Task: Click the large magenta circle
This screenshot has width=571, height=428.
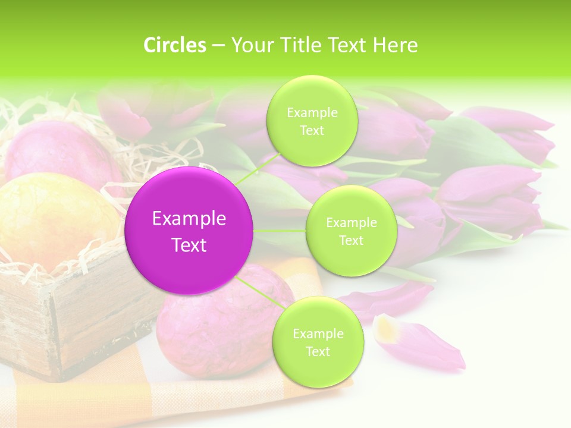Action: (189, 231)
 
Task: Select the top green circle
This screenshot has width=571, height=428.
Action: (312, 121)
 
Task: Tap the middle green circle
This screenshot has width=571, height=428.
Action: (351, 231)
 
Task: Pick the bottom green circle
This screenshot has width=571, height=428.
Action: (318, 342)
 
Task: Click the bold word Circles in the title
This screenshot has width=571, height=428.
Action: (174, 45)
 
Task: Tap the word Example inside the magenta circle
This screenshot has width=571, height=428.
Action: (189, 219)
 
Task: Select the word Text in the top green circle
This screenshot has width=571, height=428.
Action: (312, 131)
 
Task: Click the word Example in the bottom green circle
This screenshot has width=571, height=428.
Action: (318, 333)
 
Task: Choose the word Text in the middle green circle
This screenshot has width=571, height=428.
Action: (351, 240)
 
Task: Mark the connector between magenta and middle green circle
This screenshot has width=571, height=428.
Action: (280, 230)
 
